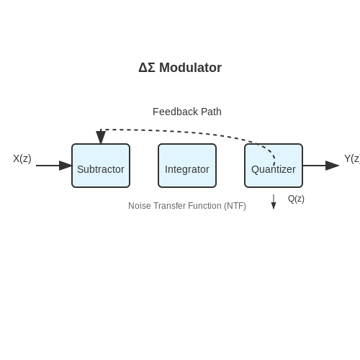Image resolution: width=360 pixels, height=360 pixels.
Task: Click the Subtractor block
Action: [101, 166]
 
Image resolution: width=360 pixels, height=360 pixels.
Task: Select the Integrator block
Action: [187, 166]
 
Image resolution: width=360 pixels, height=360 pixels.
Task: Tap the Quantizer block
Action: [274, 166]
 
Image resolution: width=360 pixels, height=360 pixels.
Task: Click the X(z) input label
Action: [22, 158]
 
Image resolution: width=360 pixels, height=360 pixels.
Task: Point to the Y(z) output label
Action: [352, 158]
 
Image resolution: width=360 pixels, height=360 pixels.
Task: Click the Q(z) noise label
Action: [296, 199]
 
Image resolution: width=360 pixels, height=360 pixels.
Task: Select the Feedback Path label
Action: [187, 112]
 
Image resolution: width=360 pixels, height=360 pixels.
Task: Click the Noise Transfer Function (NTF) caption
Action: [187, 206]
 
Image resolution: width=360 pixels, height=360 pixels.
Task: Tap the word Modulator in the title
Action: [190, 68]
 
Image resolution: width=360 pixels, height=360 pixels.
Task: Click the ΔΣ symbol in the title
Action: [147, 68]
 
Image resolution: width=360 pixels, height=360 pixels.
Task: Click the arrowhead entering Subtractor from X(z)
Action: [66, 166]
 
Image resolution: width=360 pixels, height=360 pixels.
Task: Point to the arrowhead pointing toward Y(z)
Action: [332, 166]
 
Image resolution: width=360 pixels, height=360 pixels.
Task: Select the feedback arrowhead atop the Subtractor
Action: [101, 138]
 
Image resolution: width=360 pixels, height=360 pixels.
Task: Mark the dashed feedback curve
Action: [187, 131]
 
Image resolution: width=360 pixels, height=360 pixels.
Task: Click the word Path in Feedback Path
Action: [211, 112]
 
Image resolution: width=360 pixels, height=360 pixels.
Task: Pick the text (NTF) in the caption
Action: [235, 206]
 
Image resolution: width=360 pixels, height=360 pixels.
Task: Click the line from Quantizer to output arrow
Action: [314, 166]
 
